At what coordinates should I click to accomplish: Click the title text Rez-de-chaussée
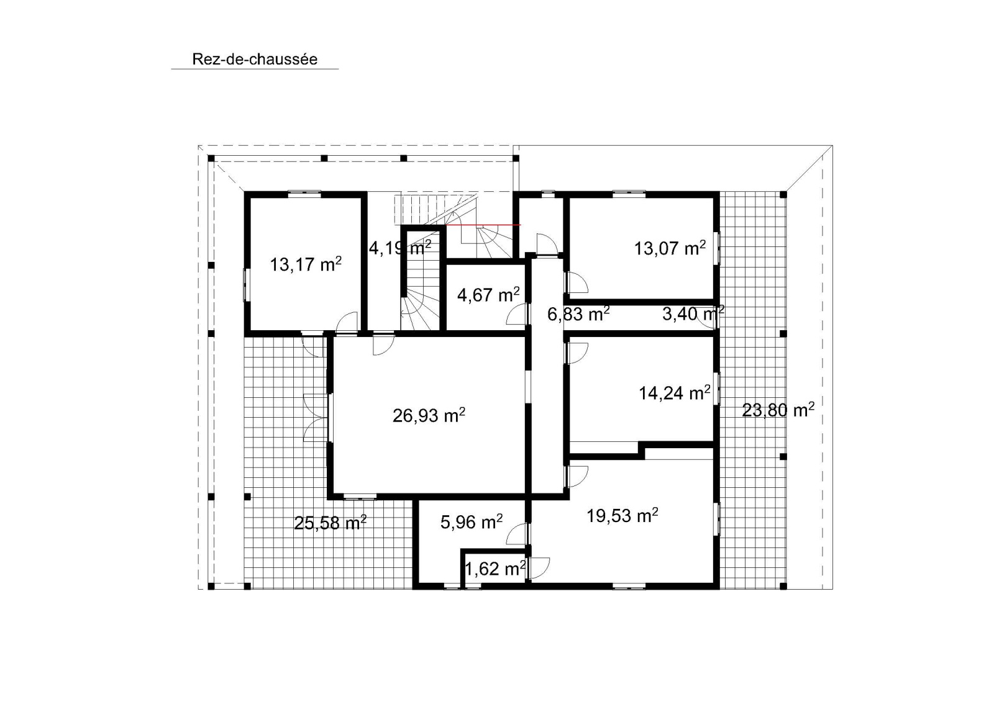click(255, 60)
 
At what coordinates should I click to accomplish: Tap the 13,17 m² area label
click(306, 264)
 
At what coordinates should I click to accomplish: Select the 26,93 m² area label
click(429, 415)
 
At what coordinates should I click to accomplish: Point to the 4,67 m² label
click(488, 294)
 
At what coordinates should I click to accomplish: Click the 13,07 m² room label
click(670, 248)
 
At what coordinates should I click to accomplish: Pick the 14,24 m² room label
click(675, 392)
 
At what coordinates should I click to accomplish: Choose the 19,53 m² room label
click(622, 515)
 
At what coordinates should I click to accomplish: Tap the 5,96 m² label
click(472, 522)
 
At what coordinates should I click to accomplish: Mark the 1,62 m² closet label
click(495, 568)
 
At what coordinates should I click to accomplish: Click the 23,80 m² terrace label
click(778, 410)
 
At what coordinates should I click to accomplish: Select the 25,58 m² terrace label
click(330, 523)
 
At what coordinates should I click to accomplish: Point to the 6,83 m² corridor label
click(578, 314)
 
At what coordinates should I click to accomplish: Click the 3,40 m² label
click(693, 314)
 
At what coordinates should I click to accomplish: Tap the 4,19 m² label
click(400, 248)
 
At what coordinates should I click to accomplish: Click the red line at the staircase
click(483, 225)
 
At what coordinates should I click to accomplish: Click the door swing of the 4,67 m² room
click(516, 314)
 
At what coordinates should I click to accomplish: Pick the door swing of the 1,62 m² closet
click(540, 568)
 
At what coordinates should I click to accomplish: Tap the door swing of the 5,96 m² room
click(516, 534)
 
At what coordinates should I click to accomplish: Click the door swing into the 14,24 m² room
click(578, 353)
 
